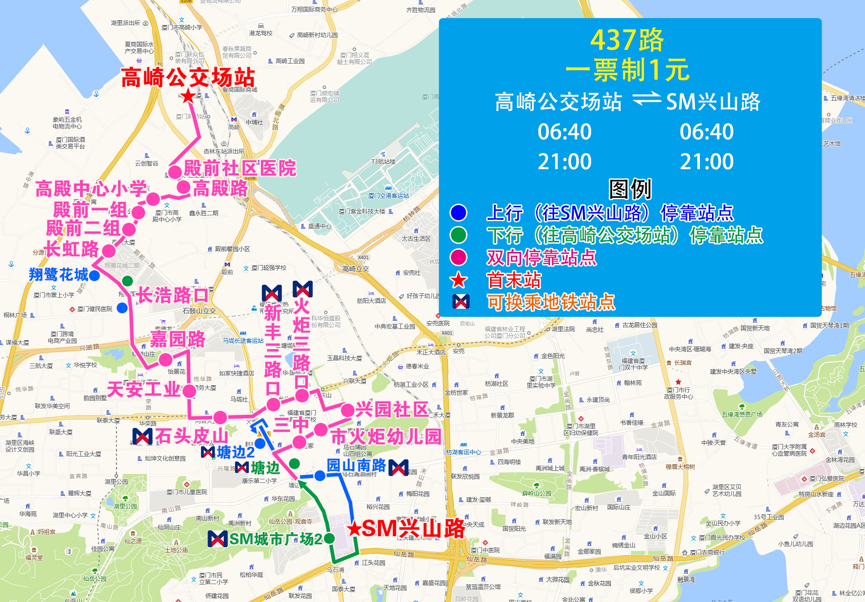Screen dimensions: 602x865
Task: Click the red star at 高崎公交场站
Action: (x=188, y=95)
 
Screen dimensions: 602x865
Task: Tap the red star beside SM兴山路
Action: (x=355, y=529)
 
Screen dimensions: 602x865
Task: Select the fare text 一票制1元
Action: (x=627, y=70)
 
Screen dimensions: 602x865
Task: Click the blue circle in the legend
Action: (x=459, y=212)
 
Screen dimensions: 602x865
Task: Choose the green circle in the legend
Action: (x=459, y=235)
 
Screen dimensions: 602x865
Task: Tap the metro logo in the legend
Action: (x=461, y=302)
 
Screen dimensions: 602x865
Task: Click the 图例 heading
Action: (x=630, y=189)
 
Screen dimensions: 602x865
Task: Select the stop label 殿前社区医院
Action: (x=240, y=169)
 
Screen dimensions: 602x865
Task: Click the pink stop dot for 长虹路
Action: (x=109, y=251)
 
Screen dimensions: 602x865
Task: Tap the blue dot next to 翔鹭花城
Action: (x=94, y=275)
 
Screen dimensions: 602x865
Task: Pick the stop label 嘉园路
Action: (x=178, y=339)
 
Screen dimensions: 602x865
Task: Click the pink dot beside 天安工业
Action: (x=189, y=391)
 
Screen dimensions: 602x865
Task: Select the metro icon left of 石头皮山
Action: (x=142, y=436)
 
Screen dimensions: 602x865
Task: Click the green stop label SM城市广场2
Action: (x=276, y=539)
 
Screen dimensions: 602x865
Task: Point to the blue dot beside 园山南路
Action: (x=320, y=476)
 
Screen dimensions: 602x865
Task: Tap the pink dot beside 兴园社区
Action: (x=347, y=410)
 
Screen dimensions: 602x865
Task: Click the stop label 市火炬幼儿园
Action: (x=386, y=436)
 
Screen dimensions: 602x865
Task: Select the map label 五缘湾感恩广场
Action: (x=742, y=414)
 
